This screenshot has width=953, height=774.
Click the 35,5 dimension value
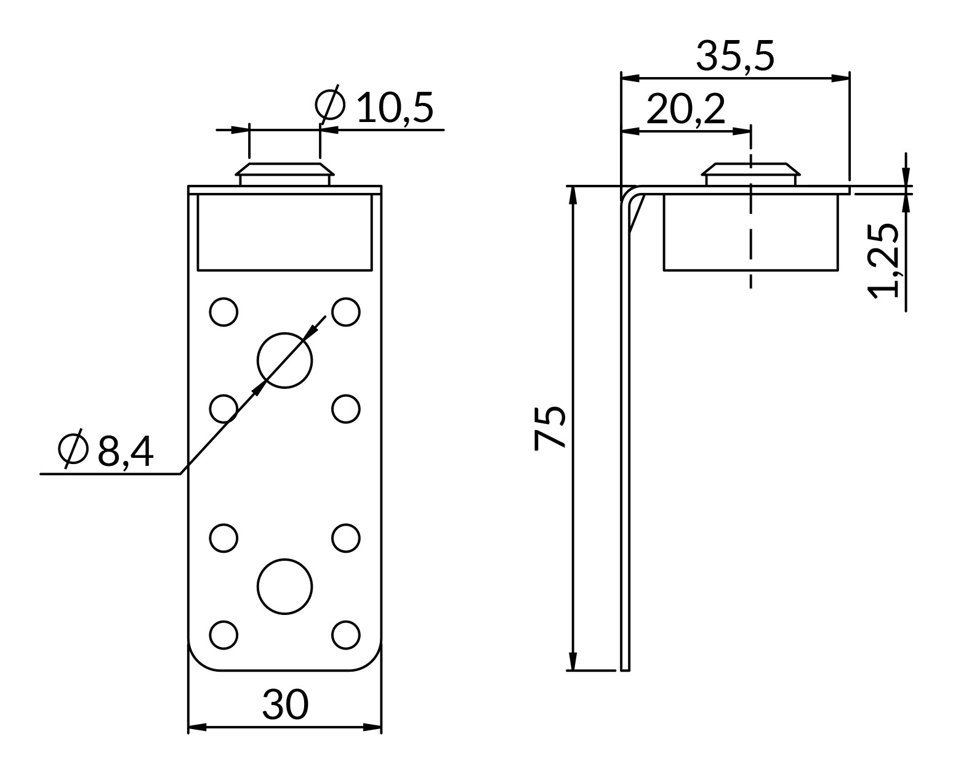(734, 57)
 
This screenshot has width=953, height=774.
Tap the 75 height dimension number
(550, 427)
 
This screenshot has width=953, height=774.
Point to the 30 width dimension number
(285, 704)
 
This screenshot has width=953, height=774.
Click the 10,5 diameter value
(395, 107)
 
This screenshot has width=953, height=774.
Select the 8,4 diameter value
(125, 452)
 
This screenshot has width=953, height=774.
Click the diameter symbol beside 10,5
(330, 104)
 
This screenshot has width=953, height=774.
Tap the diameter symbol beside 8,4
(73, 449)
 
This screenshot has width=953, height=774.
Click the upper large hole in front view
(284, 360)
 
